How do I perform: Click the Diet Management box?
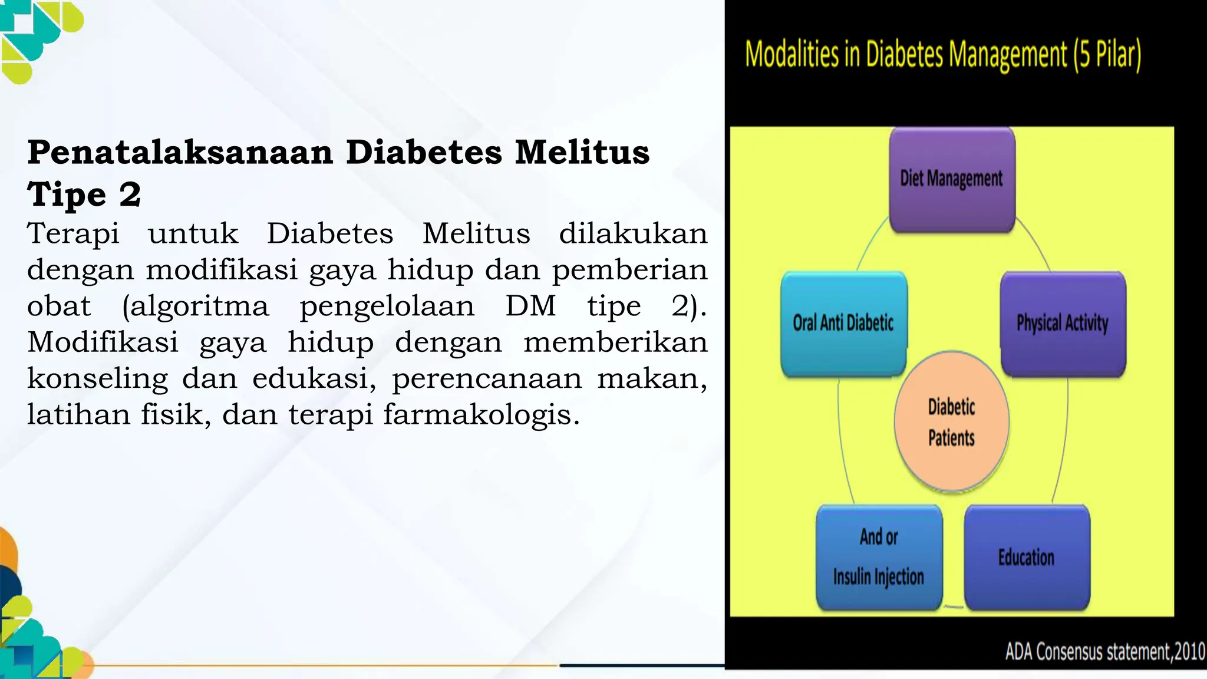(x=951, y=179)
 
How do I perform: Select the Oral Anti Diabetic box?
(x=843, y=324)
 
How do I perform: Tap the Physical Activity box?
(x=1063, y=324)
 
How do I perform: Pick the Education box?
(x=1027, y=557)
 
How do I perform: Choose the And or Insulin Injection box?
(x=879, y=557)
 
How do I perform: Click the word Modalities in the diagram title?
(x=792, y=55)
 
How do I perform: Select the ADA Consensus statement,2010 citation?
(x=1104, y=652)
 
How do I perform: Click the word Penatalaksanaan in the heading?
(x=180, y=152)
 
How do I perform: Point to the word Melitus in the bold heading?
(x=582, y=152)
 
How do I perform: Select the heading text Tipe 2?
(x=84, y=195)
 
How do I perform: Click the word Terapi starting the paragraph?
(x=74, y=233)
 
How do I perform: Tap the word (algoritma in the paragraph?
(x=195, y=306)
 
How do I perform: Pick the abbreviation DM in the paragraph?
(x=530, y=306)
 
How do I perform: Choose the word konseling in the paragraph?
(x=98, y=378)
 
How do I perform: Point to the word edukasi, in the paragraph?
(x=314, y=378)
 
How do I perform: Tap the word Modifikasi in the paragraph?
(x=103, y=342)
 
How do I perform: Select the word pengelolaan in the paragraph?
(x=387, y=306)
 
